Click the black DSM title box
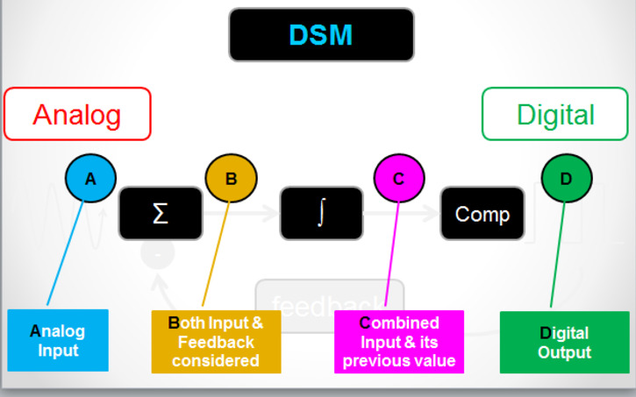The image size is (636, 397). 321,35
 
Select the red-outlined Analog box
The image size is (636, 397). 77,114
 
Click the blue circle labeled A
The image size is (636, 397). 90,179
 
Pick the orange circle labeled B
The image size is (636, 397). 231,179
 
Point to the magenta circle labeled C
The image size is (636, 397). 399,179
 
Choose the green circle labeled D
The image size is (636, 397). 566,179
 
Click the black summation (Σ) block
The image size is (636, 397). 161,214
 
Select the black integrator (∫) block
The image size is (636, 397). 321,214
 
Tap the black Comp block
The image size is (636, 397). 482,214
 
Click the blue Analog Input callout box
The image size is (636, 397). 58,340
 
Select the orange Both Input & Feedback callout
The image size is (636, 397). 216,341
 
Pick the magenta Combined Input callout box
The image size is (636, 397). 399,341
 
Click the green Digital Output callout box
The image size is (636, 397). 564,342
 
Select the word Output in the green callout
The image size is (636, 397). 564,351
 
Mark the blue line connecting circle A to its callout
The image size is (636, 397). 65,255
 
